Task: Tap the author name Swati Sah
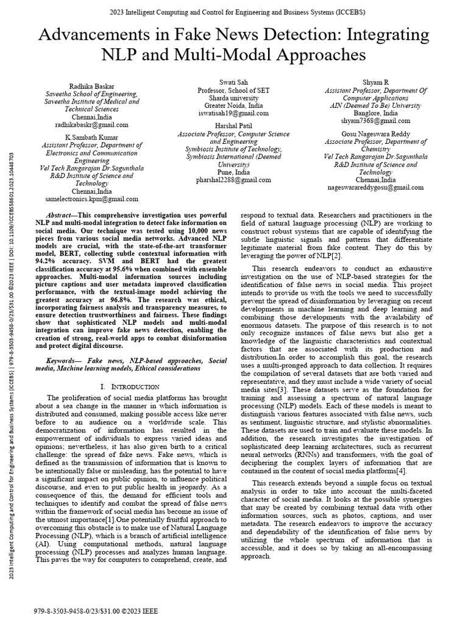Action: tap(234, 82)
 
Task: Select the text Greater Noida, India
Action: tap(233, 105)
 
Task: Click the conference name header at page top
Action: tap(234, 12)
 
